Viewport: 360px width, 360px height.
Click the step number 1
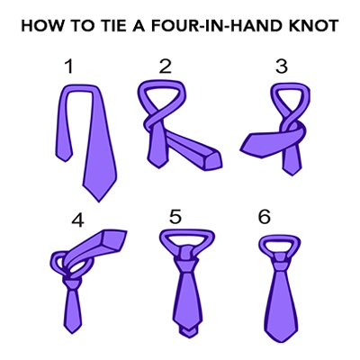69,67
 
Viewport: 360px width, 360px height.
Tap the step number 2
166,67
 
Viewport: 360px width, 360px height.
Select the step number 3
282,67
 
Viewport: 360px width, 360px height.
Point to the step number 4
78,220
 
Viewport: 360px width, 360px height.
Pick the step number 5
175,217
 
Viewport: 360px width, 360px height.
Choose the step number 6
265,217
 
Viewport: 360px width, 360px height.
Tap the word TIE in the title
109,26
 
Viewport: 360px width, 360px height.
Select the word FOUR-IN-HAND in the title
209,26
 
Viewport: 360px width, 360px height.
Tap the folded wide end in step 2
211,159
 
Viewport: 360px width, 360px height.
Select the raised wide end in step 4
112,239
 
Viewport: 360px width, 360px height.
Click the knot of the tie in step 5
187,256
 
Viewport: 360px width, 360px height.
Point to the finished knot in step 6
280,262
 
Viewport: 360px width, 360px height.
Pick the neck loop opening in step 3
291,97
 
